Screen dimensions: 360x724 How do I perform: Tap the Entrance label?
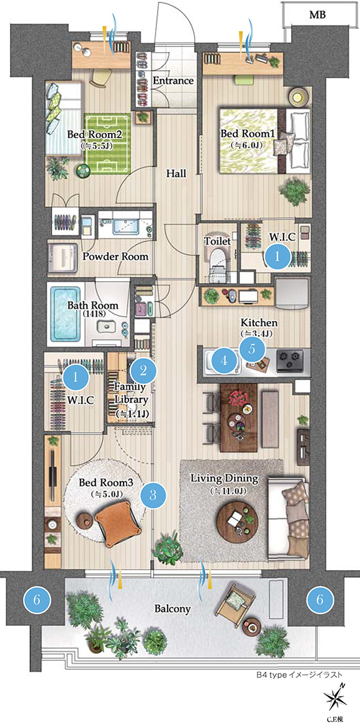tap(173, 81)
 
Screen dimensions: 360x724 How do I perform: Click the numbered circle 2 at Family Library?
tap(143, 370)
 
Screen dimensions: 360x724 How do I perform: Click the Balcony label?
tap(172, 609)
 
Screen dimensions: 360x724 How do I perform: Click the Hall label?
tap(176, 174)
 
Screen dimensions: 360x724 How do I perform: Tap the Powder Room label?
tap(115, 256)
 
